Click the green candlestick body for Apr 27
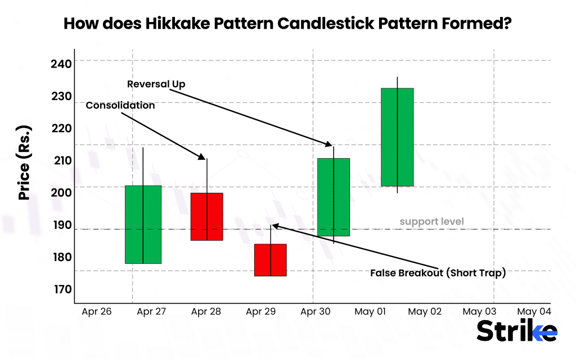(143, 224)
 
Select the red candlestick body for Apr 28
(207, 217)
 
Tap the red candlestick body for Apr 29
(271, 260)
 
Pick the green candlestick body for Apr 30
(334, 197)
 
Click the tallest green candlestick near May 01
(397, 137)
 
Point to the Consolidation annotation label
(120, 105)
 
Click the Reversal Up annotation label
(156, 84)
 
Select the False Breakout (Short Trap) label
(438, 273)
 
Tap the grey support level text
(431, 222)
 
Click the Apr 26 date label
(96, 311)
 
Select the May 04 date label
(534, 311)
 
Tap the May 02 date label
(425, 311)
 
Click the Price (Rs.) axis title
(24, 163)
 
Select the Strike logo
(517, 331)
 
